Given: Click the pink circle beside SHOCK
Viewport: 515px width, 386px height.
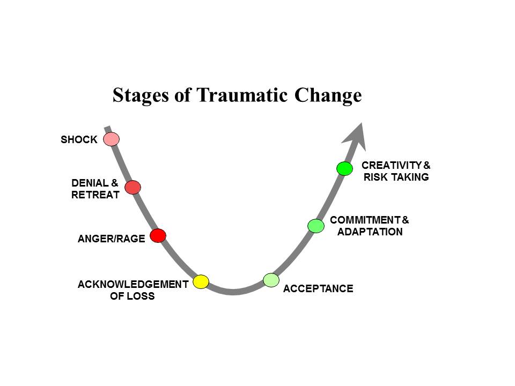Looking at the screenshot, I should click(x=111, y=139).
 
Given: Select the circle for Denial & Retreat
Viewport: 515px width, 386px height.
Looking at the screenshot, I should click(x=133, y=187).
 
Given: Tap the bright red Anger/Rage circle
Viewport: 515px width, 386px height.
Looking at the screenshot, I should click(x=158, y=235).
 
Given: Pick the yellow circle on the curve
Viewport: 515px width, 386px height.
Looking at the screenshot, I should click(x=201, y=281).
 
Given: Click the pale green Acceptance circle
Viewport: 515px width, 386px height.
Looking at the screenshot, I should click(x=271, y=279).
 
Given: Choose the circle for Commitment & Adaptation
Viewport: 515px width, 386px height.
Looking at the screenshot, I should click(x=316, y=226).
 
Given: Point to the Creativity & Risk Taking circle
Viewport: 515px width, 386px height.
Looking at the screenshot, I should click(x=344, y=168).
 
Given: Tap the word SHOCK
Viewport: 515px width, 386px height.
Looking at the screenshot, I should click(x=79, y=140).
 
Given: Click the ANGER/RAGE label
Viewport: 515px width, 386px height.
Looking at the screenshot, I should click(x=112, y=239).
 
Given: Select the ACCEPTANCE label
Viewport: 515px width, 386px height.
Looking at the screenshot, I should click(x=318, y=289).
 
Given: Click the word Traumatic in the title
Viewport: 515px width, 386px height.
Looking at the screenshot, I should click(x=244, y=95).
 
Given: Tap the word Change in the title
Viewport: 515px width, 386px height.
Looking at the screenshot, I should click(x=328, y=95).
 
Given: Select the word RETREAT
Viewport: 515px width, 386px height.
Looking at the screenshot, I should click(x=95, y=195).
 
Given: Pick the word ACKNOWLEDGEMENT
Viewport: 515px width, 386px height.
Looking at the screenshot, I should click(x=133, y=284).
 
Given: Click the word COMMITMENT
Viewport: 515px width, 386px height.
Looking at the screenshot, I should click(x=364, y=220).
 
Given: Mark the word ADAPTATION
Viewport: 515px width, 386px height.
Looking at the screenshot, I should click(x=370, y=232).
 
